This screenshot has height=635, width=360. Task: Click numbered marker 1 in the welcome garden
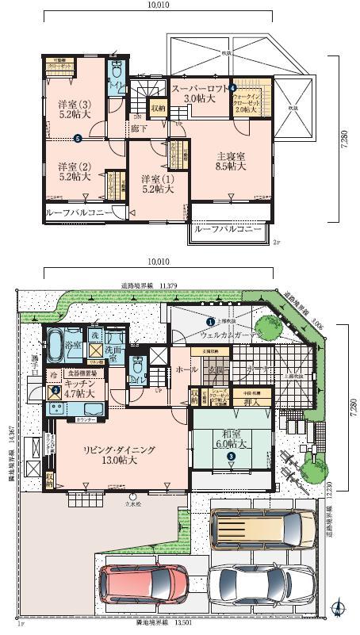[210, 322]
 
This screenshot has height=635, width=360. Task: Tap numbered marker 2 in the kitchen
[56, 390]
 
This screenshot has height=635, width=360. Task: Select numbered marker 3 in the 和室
[231, 456]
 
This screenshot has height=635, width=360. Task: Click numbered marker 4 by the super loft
[232, 86]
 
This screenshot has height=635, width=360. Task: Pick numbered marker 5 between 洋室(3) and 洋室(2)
[77, 140]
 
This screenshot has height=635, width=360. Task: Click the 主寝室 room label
[230, 161]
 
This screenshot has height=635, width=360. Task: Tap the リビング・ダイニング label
[119, 449]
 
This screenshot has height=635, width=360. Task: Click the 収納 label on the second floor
[158, 107]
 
